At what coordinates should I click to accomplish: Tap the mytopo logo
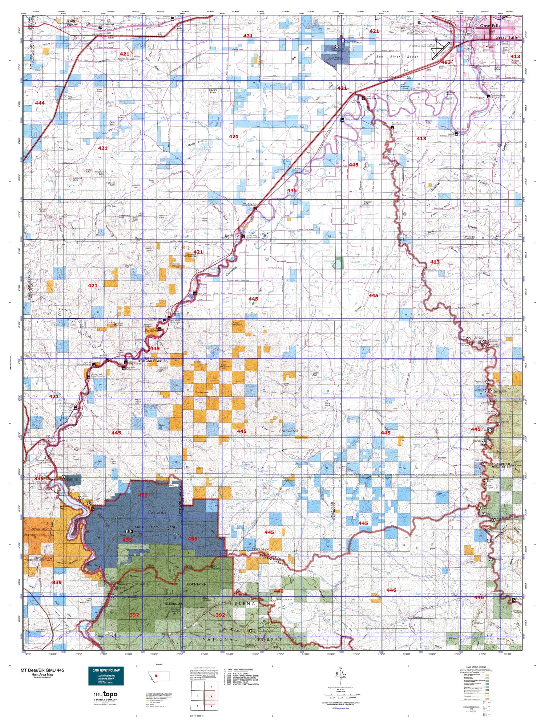click(106, 695)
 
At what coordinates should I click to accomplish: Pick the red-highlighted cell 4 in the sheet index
click(211, 696)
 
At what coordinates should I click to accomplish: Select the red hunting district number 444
click(40, 103)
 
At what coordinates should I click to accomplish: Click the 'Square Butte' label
click(213, 91)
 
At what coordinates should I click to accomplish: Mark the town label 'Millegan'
click(442, 458)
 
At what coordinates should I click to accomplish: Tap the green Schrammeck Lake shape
click(339, 263)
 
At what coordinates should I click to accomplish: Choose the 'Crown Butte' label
click(98, 90)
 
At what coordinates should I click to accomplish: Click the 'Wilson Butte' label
click(428, 122)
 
